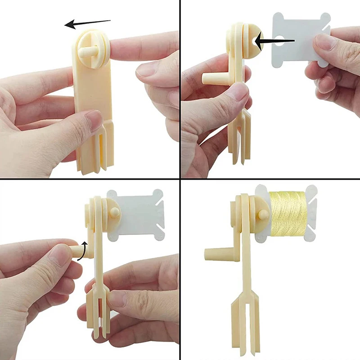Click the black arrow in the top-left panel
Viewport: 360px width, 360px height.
(x=88, y=23)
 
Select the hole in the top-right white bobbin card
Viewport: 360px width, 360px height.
(x=280, y=40)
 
